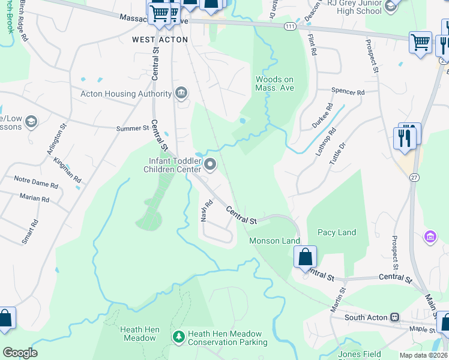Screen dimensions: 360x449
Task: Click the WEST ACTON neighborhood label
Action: (x=160, y=40)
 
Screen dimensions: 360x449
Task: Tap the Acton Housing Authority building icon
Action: (x=181, y=93)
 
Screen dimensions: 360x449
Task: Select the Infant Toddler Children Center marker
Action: (x=210, y=164)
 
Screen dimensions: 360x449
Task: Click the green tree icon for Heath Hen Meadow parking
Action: (x=178, y=337)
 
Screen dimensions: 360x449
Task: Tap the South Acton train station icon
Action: (x=395, y=317)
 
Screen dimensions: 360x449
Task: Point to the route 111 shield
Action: (x=290, y=27)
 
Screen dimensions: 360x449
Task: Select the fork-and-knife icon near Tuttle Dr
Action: (x=406, y=137)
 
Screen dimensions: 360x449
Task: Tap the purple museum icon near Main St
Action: (x=429, y=237)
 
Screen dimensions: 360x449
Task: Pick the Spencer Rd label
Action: (x=348, y=92)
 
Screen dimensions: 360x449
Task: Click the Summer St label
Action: (x=132, y=128)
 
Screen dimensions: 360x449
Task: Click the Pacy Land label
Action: (x=337, y=232)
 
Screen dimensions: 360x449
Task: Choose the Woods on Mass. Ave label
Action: (x=274, y=83)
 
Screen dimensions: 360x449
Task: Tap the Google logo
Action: (x=20, y=353)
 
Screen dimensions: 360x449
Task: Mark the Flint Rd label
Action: (x=312, y=45)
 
